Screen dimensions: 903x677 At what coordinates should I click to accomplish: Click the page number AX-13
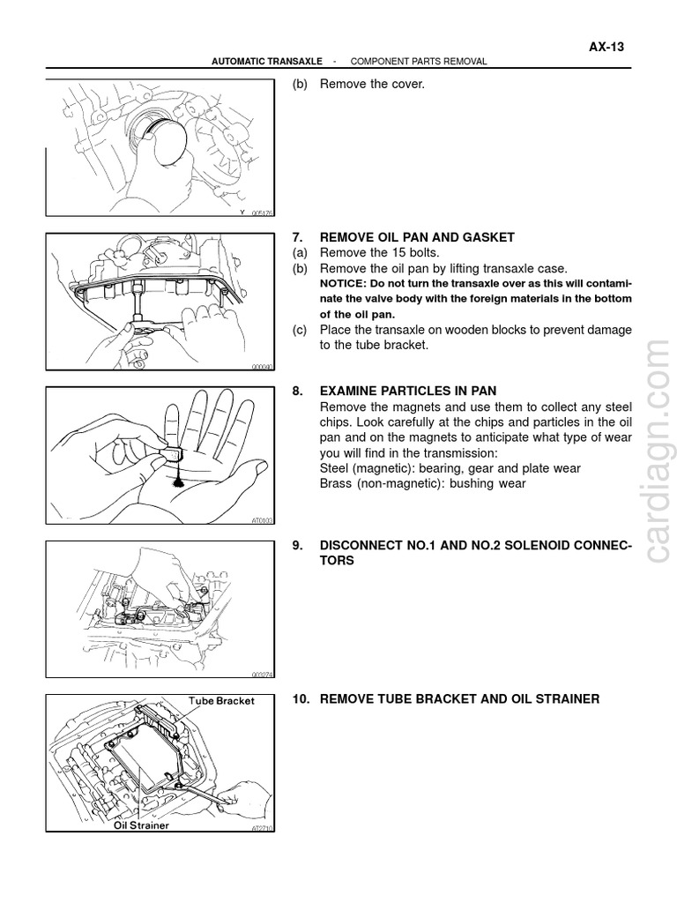606,48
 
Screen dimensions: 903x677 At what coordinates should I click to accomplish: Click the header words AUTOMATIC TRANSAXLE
269,62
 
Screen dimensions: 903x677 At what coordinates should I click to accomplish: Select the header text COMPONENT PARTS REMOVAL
419,62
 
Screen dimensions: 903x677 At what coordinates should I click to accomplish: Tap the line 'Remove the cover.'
371,85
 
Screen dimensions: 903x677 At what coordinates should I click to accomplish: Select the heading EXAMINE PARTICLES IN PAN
408,391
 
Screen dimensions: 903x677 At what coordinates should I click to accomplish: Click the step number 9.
297,546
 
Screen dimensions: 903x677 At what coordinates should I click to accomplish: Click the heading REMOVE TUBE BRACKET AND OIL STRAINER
458,699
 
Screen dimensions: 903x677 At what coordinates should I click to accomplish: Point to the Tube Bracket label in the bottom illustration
221,701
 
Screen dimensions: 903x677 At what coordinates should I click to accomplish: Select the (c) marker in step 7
300,330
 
